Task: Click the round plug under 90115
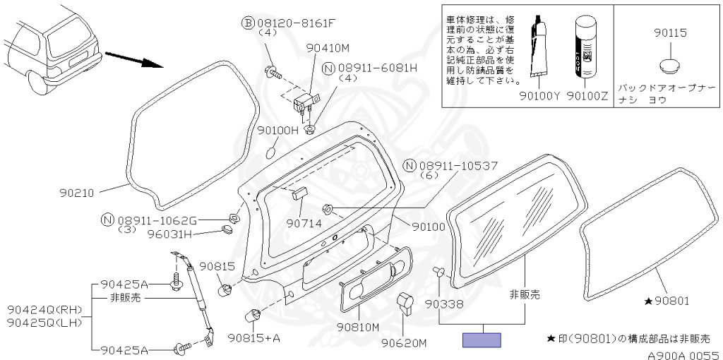pyautogui.click(x=669, y=67)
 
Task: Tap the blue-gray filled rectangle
pyautogui.click(x=482, y=340)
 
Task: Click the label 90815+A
pyautogui.click(x=254, y=338)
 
